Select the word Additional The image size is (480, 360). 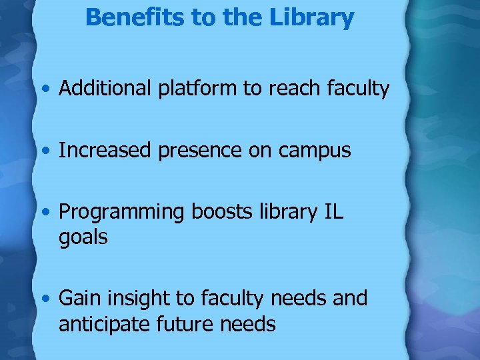pos(106,89)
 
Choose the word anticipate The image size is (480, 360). pos(105,325)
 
